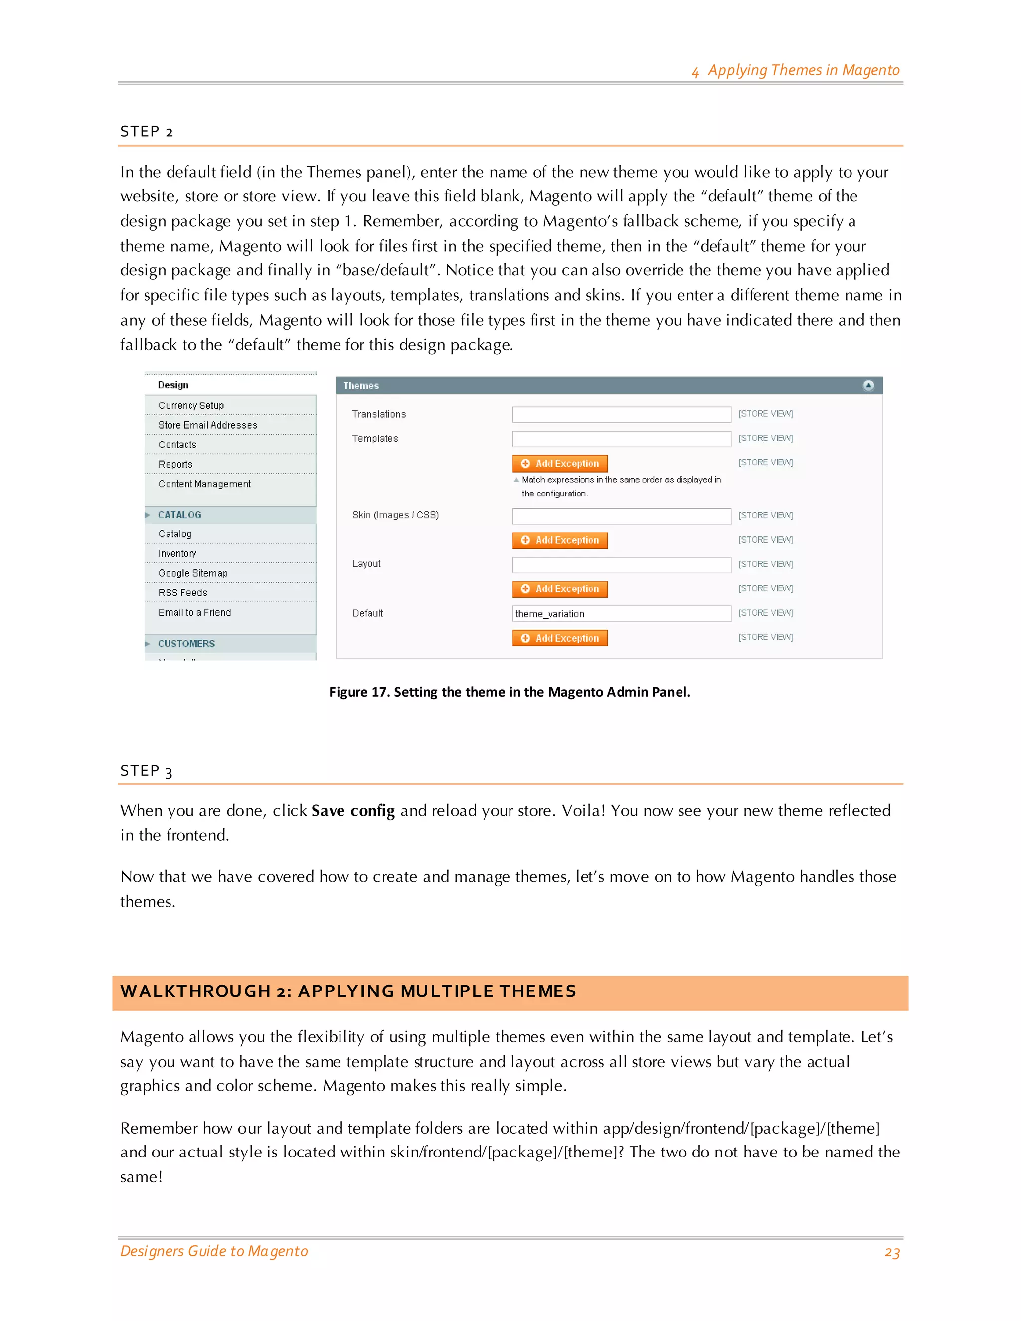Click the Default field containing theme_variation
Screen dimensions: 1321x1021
(x=621, y=613)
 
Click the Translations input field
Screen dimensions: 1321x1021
(x=621, y=414)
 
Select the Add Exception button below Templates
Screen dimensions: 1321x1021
(x=559, y=463)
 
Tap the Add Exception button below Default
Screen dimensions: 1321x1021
(x=559, y=638)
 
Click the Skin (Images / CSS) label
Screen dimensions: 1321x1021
(x=395, y=515)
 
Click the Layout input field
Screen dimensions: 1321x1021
(x=621, y=564)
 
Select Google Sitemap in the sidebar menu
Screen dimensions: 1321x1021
(x=193, y=573)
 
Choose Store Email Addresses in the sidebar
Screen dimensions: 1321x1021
(x=207, y=425)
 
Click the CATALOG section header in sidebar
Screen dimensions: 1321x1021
(x=179, y=515)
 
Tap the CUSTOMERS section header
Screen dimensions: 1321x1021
(x=186, y=644)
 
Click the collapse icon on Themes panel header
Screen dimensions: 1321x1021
(x=868, y=385)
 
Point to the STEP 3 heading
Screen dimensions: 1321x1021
(x=147, y=771)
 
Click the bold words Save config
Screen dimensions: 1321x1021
(x=352, y=811)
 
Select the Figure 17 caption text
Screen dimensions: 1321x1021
(x=510, y=692)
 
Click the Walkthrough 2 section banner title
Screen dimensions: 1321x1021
(x=348, y=991)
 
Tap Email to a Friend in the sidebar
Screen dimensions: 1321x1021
(x=194, y=613)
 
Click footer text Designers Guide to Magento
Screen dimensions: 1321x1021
(x=214, y=1251)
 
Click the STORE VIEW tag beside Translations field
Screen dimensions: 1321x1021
(x=765, y=414)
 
